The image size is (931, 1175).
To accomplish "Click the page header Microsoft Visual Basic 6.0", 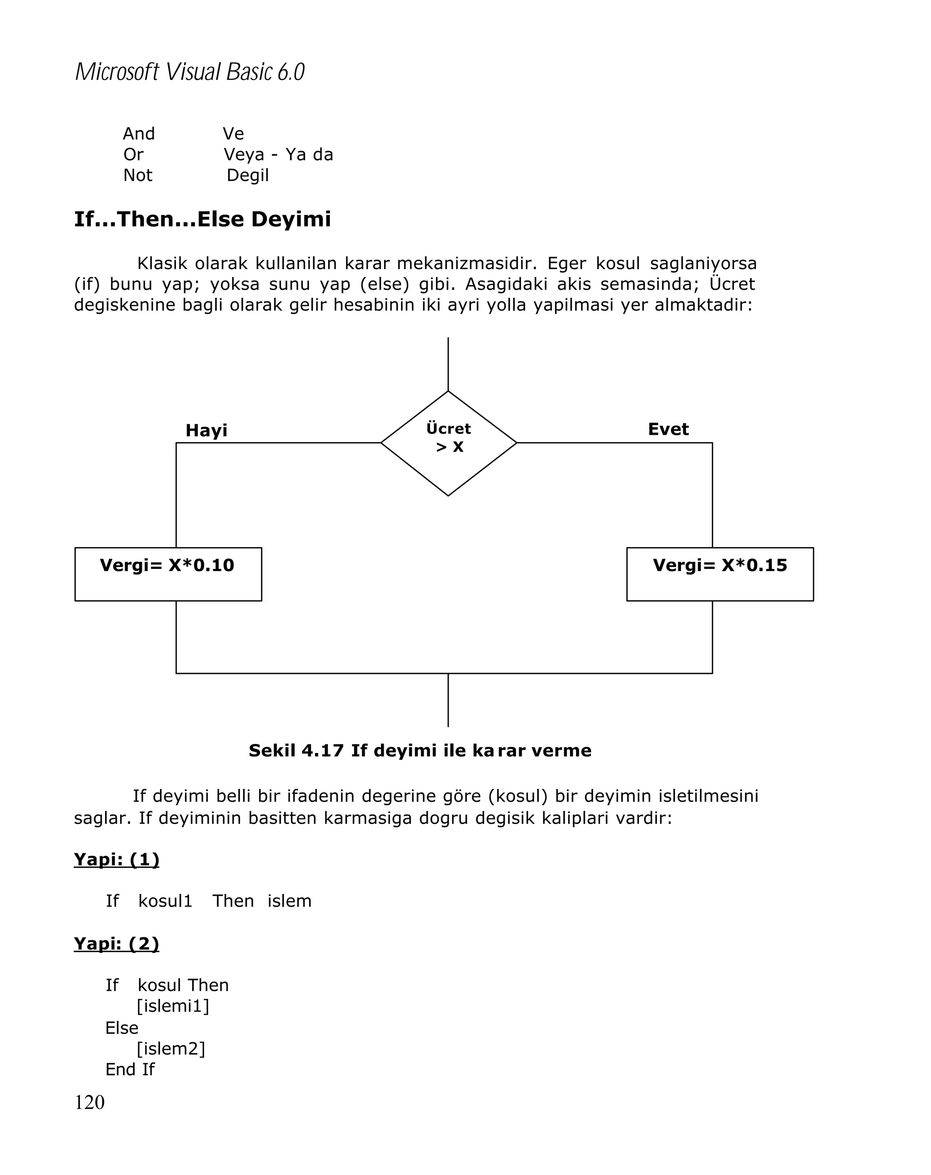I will point(190,72).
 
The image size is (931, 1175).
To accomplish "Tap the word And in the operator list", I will point(139,134).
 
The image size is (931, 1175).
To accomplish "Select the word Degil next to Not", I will point(247,176).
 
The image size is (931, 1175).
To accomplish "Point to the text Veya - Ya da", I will point(278,155).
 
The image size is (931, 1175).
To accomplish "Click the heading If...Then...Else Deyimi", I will point(202,219).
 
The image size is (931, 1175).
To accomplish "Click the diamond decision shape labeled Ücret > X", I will point(448,442).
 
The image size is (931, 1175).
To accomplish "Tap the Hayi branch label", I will point(206,431).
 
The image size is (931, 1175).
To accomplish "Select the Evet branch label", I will point(668,429).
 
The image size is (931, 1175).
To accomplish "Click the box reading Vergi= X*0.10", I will point(168,573).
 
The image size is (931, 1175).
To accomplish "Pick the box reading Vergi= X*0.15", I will point(720,573).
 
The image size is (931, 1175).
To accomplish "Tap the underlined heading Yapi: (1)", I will point(116,859).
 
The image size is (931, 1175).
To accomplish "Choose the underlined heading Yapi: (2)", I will point(116,944).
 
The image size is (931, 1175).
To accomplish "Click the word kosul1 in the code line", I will point(165,901).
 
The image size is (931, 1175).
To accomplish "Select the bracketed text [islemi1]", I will point(173,1005).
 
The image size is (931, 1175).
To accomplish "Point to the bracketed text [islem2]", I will point(170,1048).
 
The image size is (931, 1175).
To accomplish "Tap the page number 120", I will point(90,1103).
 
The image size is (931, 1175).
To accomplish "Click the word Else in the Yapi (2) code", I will point(121,1027).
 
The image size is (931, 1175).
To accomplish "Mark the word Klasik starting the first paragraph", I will point(162,264).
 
